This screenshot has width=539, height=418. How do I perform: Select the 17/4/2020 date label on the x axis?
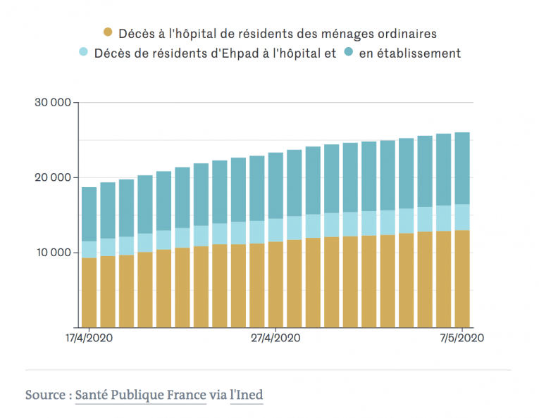[x=89, y=338]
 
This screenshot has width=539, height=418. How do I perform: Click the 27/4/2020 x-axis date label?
[x=276, y=338]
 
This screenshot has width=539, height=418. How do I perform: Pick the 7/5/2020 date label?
[x=461, y=338]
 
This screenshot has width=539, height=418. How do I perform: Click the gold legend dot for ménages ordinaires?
[x=108, y=32]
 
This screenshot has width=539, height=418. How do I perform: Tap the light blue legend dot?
[x=83, y=53]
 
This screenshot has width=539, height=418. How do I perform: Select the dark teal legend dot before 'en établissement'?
[x=348, y=53]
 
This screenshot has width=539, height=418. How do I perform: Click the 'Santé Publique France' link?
[x=141, y=395]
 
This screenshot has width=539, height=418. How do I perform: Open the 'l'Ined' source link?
[x=247, y=395]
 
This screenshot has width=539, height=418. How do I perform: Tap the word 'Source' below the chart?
[x=45, y=395]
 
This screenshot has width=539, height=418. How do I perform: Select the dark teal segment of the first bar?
[x=89, y=215]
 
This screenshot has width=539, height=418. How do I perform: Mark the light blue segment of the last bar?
[x=461, y=217]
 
